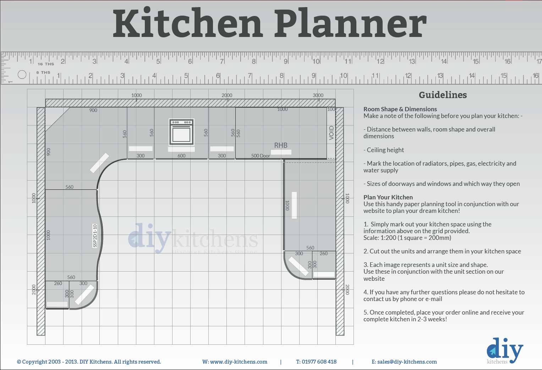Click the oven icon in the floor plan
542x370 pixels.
click(x=181, y=132)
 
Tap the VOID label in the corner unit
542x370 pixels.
click(x=332, y=133)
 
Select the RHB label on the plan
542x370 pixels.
click(x=281, y=145)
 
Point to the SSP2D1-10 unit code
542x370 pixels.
click(x=95, y=236)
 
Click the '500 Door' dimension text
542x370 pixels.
click(x=261, y=156)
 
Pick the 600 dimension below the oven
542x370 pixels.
click(x=181, y=156)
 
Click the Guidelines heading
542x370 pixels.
click(x=443, y=95)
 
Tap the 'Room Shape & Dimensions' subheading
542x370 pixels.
click(x=400, y=109)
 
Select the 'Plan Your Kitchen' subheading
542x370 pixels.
click(x=388, y=197)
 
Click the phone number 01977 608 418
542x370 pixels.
click(x=316, y=362)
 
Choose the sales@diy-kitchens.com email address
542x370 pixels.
click(x=404, y=362)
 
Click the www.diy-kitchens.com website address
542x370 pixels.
click(x=235, y=362)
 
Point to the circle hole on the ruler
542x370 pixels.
click(x=22, y=75)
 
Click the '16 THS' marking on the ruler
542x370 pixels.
click(x=46, y=64)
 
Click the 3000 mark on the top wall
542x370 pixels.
click(x=318, y=95)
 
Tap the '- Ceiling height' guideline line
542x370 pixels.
click(x=384, y=150)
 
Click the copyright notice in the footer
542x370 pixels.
click(x=89, y=362)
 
